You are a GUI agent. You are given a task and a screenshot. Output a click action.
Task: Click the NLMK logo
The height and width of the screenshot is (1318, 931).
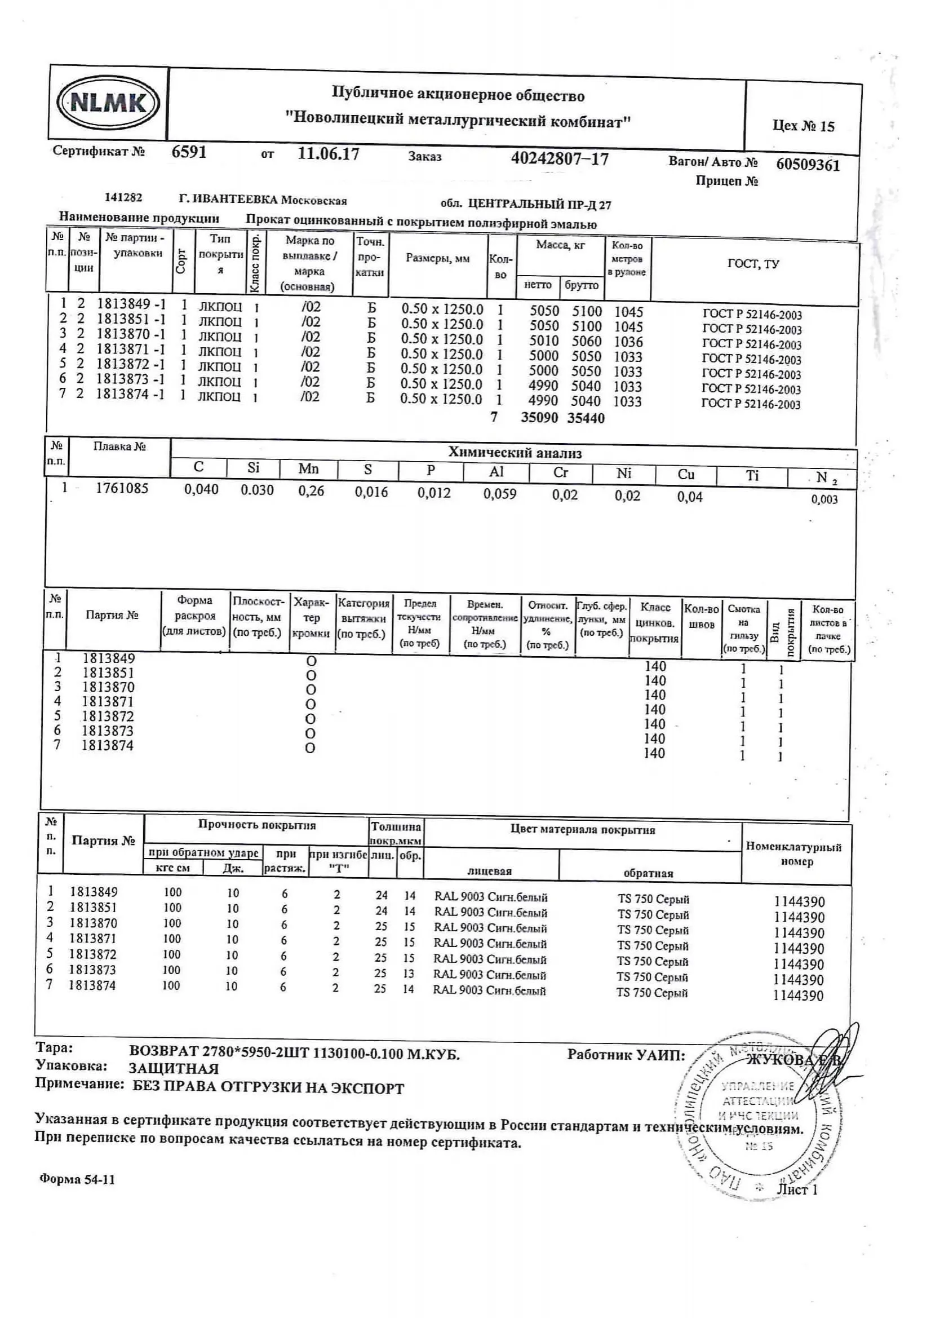tap(108, 103)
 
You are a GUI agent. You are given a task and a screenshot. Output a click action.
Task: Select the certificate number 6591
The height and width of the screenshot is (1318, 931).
tap(189, 152)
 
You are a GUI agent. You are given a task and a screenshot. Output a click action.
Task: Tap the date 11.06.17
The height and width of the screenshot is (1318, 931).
tap(329, 154)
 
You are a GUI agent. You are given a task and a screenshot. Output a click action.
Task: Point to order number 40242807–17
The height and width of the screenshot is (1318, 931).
tap(560, 158)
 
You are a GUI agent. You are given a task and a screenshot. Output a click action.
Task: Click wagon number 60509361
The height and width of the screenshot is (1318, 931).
tap(808, 165)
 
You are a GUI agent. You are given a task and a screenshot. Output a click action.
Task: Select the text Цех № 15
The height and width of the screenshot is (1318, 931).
tap(803, 126)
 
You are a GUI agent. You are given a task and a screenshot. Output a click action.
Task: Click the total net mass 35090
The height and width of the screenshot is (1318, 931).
tap(539, 417)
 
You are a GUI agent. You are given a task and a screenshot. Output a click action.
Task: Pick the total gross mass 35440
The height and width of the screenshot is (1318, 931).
tap(586, 418)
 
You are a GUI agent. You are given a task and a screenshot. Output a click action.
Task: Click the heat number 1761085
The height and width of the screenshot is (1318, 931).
tap(122, 489)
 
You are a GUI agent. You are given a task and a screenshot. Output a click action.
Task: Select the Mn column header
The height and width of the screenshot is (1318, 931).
tap(308, 469)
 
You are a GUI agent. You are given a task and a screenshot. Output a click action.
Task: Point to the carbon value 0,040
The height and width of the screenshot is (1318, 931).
tap(201, 490)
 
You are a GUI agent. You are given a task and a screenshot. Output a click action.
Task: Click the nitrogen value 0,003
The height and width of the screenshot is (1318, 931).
tap(824, 499)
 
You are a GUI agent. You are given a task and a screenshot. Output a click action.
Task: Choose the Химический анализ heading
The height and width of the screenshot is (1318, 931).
tap(515, 453)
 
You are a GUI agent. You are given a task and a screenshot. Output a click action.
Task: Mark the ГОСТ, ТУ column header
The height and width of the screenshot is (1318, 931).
tap(753, 264)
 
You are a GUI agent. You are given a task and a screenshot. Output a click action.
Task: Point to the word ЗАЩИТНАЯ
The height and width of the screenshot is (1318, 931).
tap(174, 1068)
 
